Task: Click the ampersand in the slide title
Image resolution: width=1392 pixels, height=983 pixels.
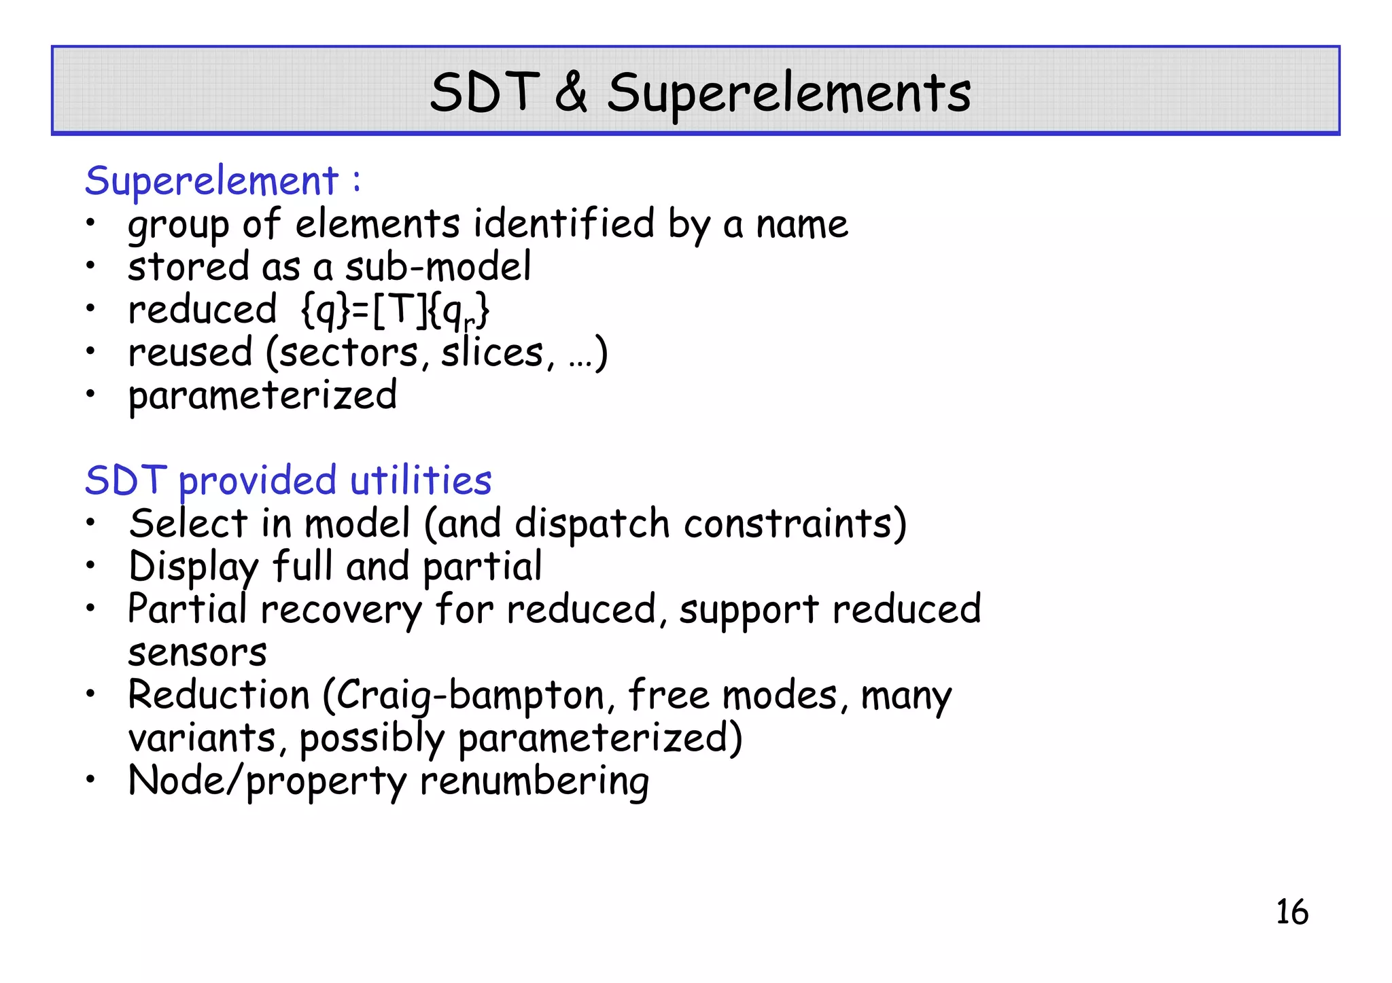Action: [571, 92]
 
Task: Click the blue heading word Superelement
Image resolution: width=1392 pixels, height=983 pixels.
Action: [211, 182]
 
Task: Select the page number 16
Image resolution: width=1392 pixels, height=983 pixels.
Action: [1291, 912]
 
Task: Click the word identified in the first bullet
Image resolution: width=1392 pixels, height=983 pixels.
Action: [563, 224]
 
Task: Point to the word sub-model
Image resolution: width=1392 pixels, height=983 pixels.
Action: [438, 266]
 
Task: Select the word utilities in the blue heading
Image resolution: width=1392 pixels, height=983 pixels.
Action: [421, 480]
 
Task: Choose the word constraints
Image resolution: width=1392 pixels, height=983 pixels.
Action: [794, 524]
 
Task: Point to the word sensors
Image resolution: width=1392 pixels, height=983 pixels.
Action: [197, 653]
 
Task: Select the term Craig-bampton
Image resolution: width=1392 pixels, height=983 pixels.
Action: [469, 696]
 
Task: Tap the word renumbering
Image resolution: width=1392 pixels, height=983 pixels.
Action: [534, 781]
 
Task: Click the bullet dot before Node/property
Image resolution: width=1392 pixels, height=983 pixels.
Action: [90, 780]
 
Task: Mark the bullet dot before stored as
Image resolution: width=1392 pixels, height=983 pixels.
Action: [90, 266]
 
